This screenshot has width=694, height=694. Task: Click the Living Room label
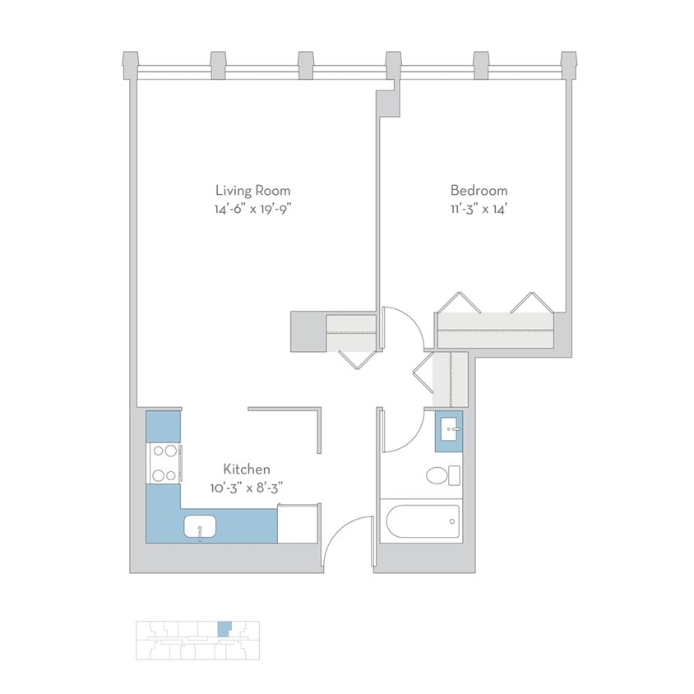click(252, 190)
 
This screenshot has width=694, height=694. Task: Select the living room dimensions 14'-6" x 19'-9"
click(252, 209)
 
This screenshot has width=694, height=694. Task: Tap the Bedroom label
click(479, 190)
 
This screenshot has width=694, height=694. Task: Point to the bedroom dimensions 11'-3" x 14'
click(479, 209)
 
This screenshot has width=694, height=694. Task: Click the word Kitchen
click(248, 469)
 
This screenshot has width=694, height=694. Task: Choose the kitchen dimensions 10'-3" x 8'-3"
click(248, 488)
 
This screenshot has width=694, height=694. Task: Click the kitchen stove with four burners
click(164, 462)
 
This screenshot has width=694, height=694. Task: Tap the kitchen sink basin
click(200, 525)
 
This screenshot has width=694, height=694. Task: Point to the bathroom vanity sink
click(449, 429)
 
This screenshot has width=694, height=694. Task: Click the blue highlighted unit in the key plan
click(224, 629)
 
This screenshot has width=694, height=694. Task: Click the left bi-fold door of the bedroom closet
click(460, 302)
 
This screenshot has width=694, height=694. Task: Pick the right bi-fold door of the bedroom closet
click(530, 302)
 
